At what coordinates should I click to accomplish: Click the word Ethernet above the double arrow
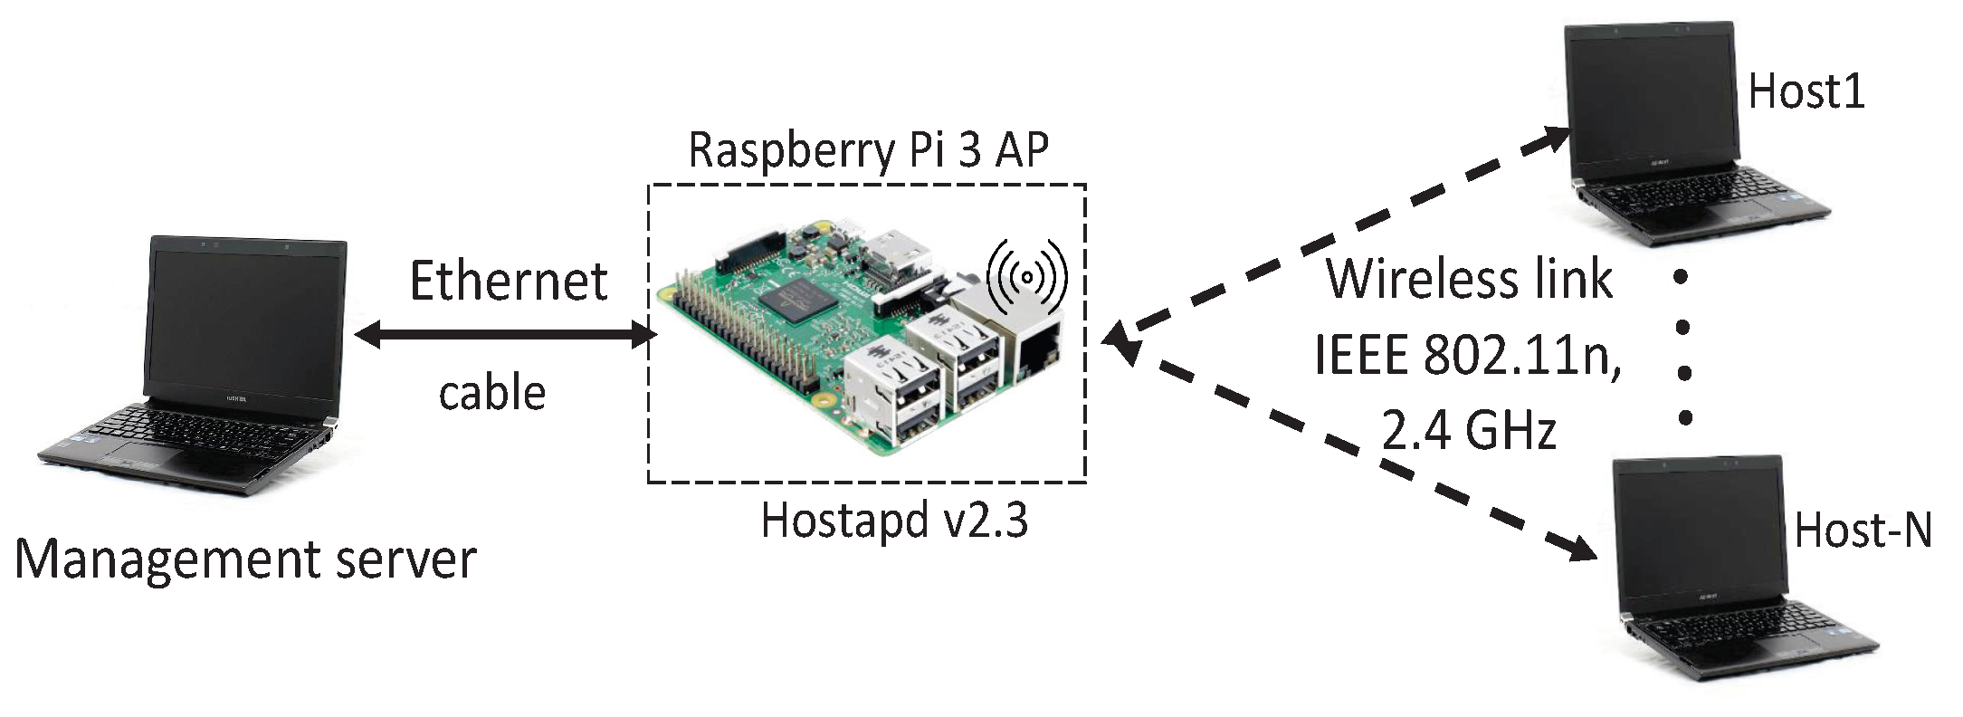508,282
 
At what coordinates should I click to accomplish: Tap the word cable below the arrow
492,393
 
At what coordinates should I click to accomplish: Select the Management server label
245,560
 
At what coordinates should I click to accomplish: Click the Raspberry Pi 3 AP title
868,150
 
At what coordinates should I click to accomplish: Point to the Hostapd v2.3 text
894,521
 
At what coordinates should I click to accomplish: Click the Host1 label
1806,92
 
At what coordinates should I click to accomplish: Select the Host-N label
1863,531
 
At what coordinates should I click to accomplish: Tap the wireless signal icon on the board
1027,277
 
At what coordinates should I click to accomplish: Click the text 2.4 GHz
1468,431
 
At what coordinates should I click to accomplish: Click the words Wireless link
1468,280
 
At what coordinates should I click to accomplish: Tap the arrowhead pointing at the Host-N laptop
1582,548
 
